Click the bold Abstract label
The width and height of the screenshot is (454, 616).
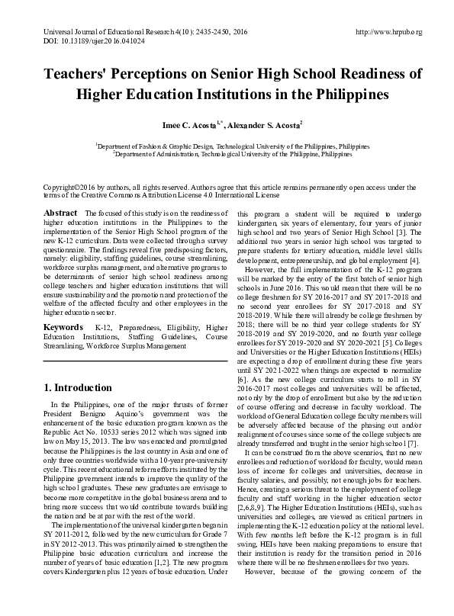click(x=60, y=212)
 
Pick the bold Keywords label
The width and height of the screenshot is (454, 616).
click(x=63, y=327)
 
